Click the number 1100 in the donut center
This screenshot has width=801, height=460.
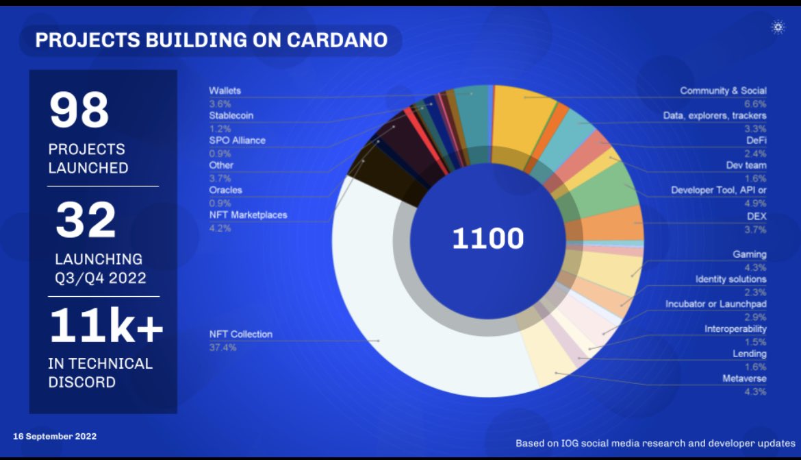point(487,239)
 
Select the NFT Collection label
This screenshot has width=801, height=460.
point(240,335)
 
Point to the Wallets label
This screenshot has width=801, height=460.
point(225,90)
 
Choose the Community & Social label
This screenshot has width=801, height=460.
point(723,90)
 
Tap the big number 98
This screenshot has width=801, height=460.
point(79,110)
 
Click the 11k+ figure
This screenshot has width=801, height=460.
point(106,327)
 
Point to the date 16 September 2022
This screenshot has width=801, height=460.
point(55,436)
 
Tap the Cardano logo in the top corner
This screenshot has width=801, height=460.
point(778,27)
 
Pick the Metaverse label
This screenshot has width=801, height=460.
point(744,378)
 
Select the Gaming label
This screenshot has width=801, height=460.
point(750,254)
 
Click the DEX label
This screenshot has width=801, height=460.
point(756,216)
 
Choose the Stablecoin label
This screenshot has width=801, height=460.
point(231,115)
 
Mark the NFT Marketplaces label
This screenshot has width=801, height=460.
point(248,215)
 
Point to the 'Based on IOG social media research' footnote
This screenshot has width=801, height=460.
point(655,444)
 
